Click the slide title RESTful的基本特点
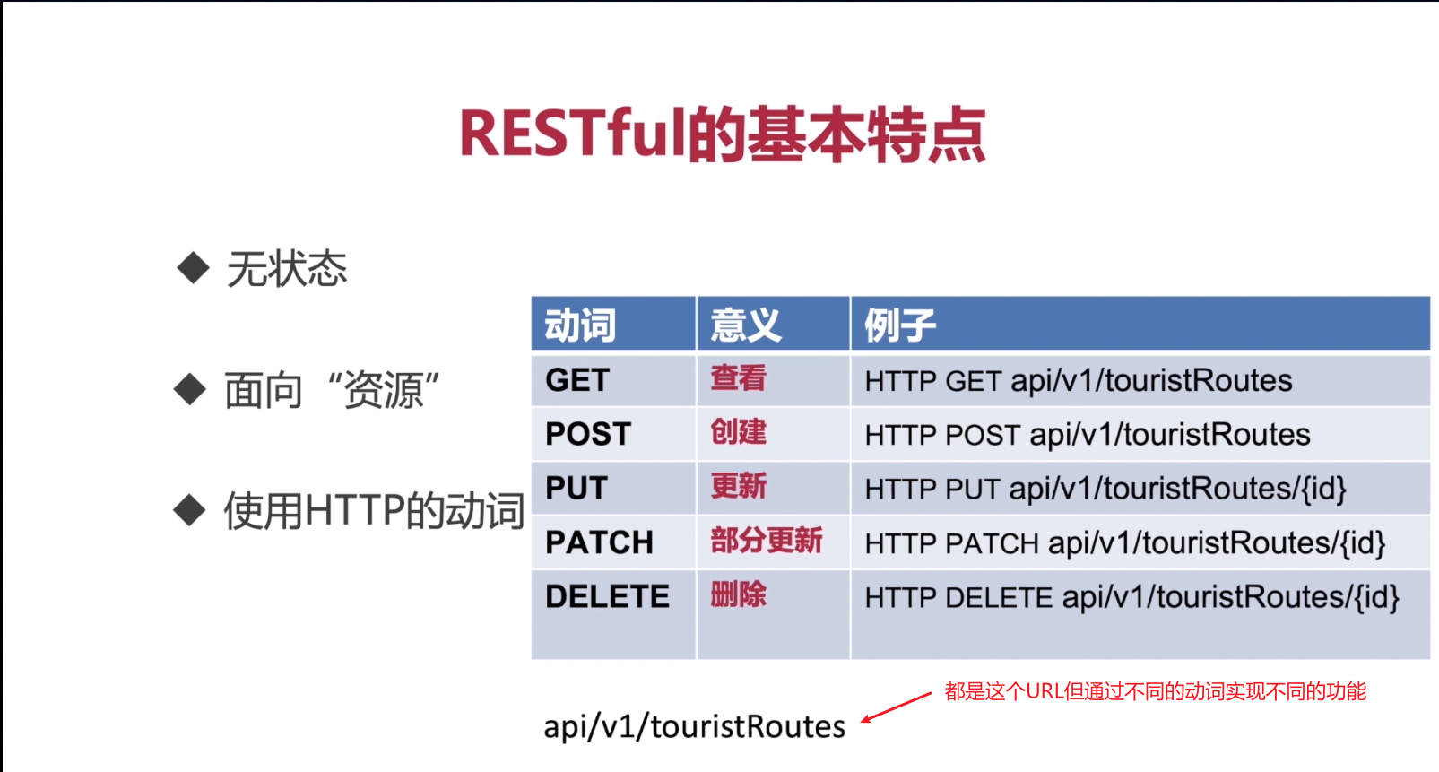(723, 134)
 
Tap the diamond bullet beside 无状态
(193, 268)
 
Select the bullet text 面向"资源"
(332, 391)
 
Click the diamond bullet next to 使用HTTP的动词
(190, 510)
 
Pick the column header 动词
(580, 325)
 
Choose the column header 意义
(745, 325)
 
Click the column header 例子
(899, 325)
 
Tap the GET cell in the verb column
(577, 380)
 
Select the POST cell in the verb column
(588, 434)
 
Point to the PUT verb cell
(576, 489)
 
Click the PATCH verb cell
(599, 542)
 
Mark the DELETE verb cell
(607, 597)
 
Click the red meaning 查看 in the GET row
(738, 378)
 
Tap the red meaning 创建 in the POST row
(738, 432)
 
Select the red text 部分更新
(766, 541)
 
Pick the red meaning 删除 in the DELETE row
(738, 594)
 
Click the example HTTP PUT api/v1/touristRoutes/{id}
(1105, 489)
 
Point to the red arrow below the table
(896, 707)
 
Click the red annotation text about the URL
(1155, 691)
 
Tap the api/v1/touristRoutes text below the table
(694, 726)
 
